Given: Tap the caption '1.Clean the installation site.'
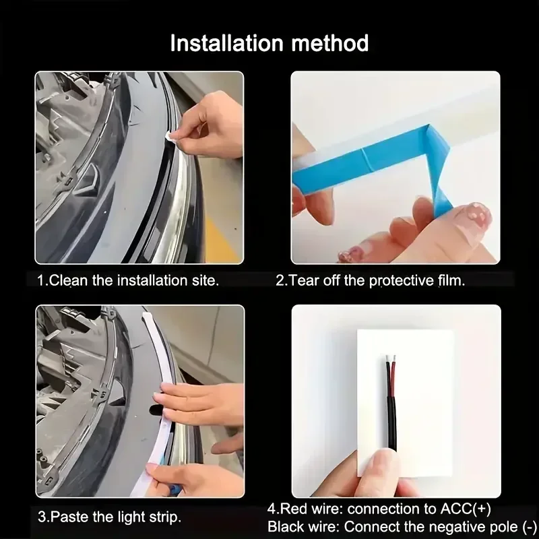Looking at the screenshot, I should [x=128, y=280].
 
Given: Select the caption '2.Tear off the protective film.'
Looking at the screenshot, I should [x=370, y=280].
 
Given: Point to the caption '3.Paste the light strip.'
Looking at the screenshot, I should [x=109, y=517].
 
